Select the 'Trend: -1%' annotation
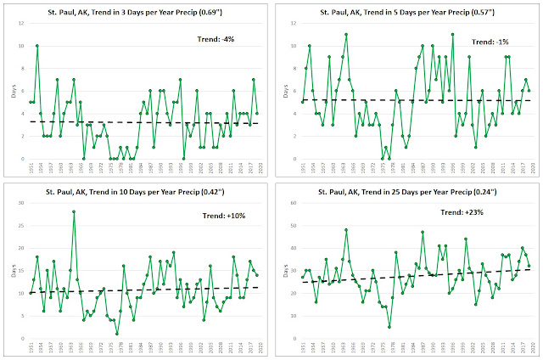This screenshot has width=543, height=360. (490, 40)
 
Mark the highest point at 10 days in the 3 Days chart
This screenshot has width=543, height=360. (37, 46)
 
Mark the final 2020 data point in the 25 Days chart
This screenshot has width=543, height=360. (529, 266)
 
